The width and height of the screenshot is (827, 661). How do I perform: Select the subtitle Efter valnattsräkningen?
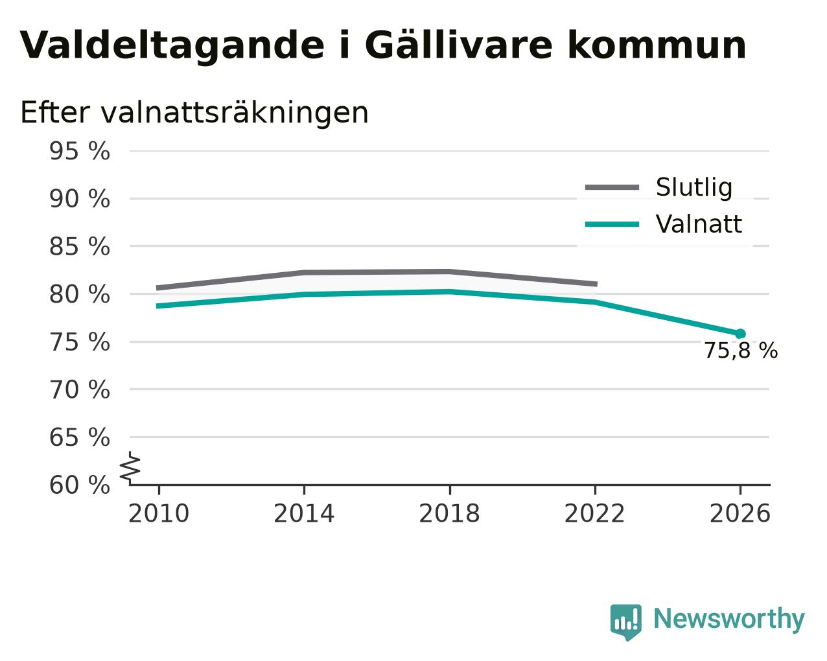194,113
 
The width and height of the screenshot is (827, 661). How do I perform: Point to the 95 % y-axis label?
80,151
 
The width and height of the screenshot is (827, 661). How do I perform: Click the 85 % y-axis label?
80,246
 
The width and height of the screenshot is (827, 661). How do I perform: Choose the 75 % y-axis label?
80,342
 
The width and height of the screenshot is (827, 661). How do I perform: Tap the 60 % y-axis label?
80,485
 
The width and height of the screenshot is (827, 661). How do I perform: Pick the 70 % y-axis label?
80,389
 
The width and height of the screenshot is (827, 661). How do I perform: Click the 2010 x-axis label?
159,513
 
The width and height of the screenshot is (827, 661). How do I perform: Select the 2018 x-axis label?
449,513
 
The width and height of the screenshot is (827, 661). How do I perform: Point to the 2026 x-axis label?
740,513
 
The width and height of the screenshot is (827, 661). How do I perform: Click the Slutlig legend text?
694,188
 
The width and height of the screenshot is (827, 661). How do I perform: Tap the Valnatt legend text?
699,224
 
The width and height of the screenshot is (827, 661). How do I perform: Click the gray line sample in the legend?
612,187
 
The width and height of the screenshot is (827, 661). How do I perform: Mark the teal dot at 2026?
740,334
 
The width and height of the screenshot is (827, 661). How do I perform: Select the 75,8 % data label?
741,351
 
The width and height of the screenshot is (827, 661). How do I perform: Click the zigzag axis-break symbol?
130,468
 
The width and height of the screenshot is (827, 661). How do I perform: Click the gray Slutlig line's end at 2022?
597,284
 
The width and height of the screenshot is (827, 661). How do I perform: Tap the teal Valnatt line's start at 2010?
157,306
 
